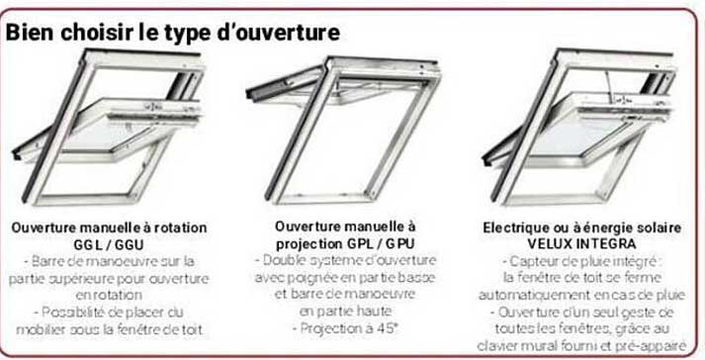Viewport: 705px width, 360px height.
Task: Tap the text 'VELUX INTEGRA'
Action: pos(582,243)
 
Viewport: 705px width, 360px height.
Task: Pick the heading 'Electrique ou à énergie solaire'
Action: pos(582,226)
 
